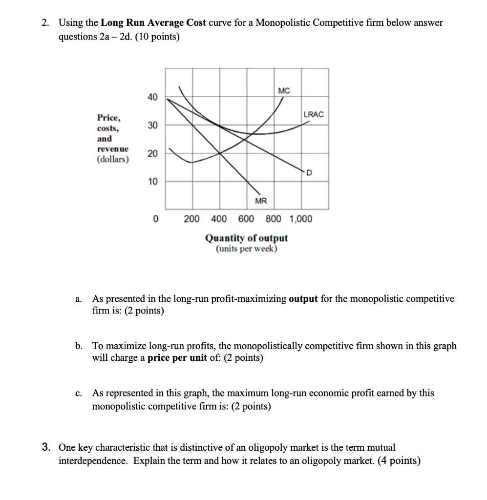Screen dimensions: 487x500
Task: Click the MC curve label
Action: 284,91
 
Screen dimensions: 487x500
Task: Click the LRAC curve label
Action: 313,114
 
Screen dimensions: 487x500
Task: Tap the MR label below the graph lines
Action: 261,201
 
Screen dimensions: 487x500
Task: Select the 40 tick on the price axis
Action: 153,98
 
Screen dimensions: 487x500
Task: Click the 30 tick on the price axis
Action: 153,125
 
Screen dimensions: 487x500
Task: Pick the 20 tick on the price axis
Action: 153,154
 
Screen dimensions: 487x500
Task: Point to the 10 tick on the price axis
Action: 153,182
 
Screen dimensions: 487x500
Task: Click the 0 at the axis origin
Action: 155,219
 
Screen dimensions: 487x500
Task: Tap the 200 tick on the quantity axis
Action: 191,219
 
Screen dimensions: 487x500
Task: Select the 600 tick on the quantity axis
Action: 246,219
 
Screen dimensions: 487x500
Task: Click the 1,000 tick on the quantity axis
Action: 301,219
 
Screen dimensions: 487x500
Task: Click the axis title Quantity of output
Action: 246,238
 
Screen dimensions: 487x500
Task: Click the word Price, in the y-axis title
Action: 109,118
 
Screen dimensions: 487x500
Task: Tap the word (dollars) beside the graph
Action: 113,159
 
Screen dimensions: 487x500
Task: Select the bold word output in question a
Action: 304,298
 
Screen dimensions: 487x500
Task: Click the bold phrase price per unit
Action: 178,358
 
